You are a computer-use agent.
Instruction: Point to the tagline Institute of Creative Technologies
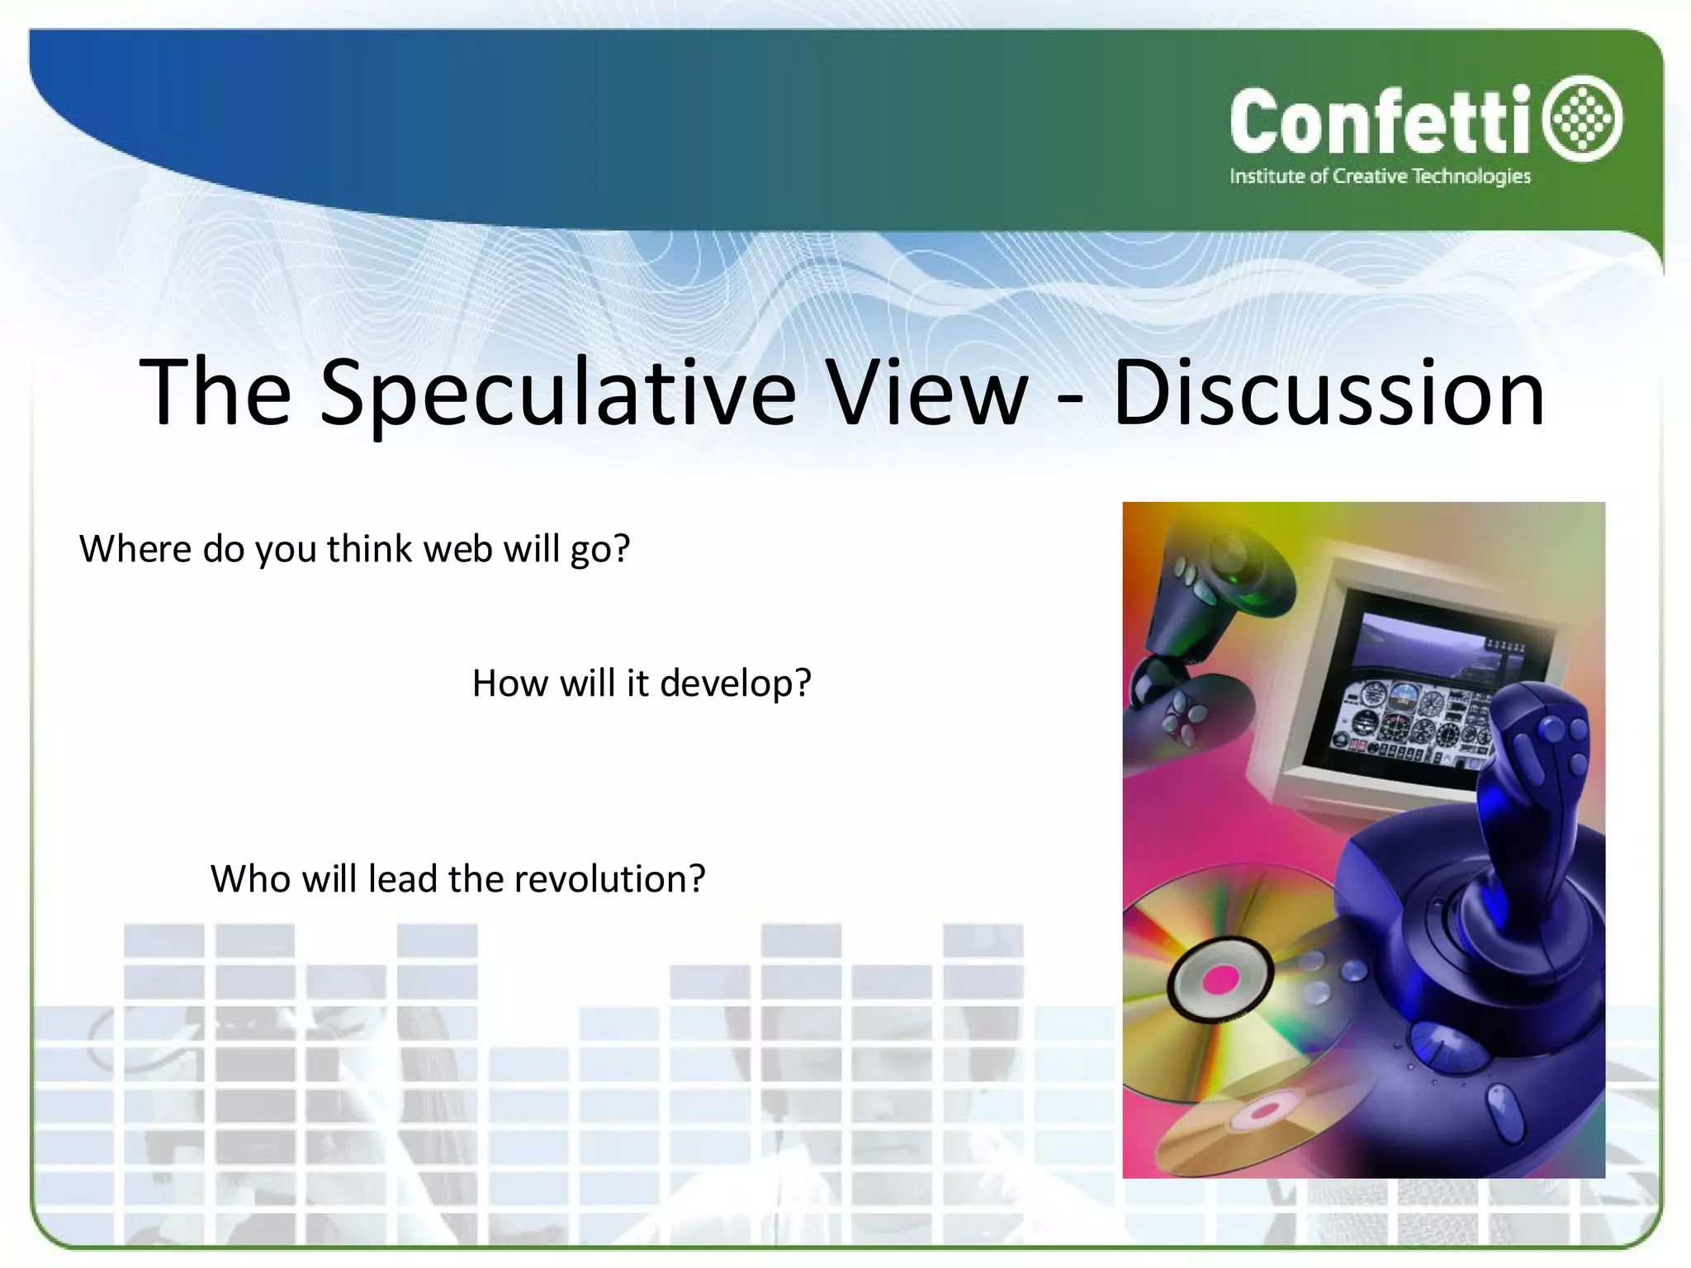coord(1379,177)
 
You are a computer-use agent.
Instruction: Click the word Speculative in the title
coord(557,395)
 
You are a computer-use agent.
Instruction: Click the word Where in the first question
coord(135,549)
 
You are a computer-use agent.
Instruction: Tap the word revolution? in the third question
coord(609,879)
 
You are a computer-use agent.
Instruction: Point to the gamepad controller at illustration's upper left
coord(1197,627)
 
